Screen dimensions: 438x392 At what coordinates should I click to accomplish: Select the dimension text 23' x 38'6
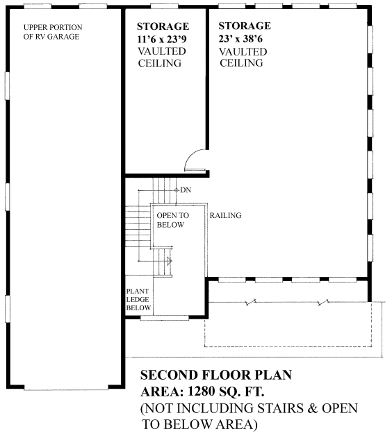tap(243, 40)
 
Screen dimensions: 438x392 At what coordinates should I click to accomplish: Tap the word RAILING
tap(225, 216)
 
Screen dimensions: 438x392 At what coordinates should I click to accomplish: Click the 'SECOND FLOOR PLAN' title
tap(216, 375)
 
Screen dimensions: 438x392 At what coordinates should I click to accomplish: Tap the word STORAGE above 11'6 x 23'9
tap(163, 27)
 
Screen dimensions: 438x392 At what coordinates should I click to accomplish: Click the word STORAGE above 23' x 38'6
tap(245, 27)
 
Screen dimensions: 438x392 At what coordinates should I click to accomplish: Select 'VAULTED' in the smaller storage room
tap(161, 52)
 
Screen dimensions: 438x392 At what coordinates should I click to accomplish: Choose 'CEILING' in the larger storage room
tap(241, 64)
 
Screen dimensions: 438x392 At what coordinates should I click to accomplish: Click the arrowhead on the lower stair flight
tap(169, 261)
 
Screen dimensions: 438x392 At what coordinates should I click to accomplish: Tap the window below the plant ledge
tap(164, 318)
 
